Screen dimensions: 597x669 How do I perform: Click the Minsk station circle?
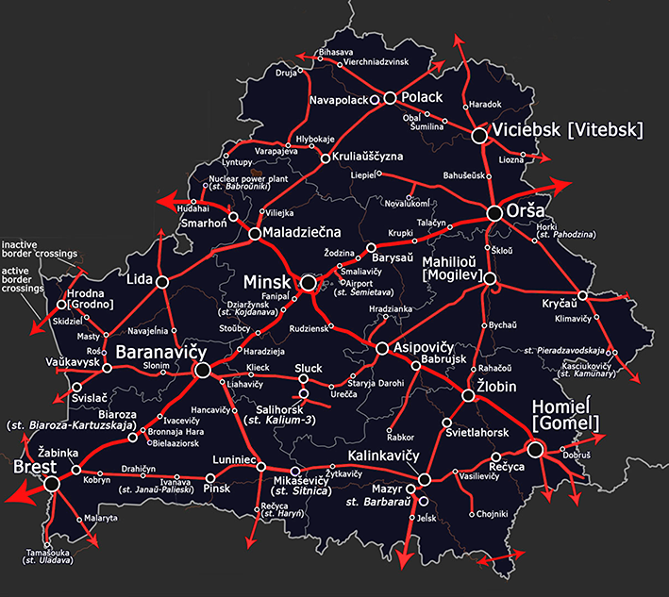(308, 282)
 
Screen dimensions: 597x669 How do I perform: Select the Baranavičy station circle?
(201, 371)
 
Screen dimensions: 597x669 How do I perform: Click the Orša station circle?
(494, 214)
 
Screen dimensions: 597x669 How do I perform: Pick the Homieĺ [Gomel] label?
(566, 416)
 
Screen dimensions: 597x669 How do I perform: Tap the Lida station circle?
(162, 281)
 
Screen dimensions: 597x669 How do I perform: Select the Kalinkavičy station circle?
(425, 478)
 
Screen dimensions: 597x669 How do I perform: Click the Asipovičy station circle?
(382, 349)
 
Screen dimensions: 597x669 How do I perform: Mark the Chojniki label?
(493, 514)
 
